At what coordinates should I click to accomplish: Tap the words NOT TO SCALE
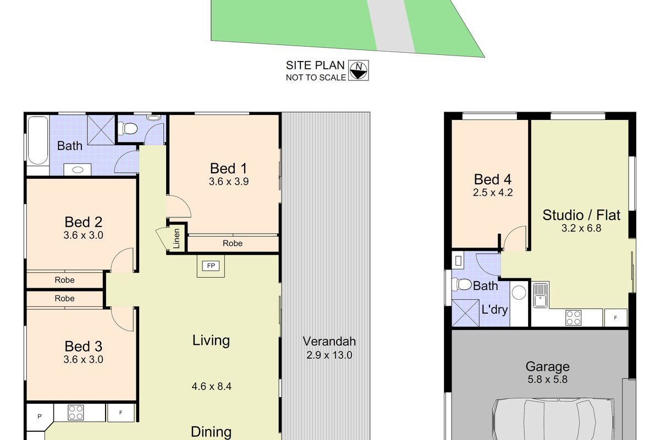pos(316,78)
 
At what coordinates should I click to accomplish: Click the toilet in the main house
pos(129,128)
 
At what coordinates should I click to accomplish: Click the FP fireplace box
pos(210,266)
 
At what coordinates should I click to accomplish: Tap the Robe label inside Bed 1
pos(233,243)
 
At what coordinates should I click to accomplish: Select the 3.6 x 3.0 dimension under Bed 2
pos(84,235)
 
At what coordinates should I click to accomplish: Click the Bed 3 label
pos(84,346)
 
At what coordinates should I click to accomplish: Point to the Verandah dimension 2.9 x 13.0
pos(329,355)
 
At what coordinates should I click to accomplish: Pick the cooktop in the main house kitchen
pos(75,412)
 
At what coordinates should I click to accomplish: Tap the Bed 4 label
pos(493,179)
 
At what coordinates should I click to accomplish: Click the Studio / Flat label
pos(581,215)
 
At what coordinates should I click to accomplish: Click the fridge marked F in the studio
pos(615,317)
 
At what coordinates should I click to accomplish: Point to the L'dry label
pos(495,309)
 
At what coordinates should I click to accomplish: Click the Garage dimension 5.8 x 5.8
pos(547,380)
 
